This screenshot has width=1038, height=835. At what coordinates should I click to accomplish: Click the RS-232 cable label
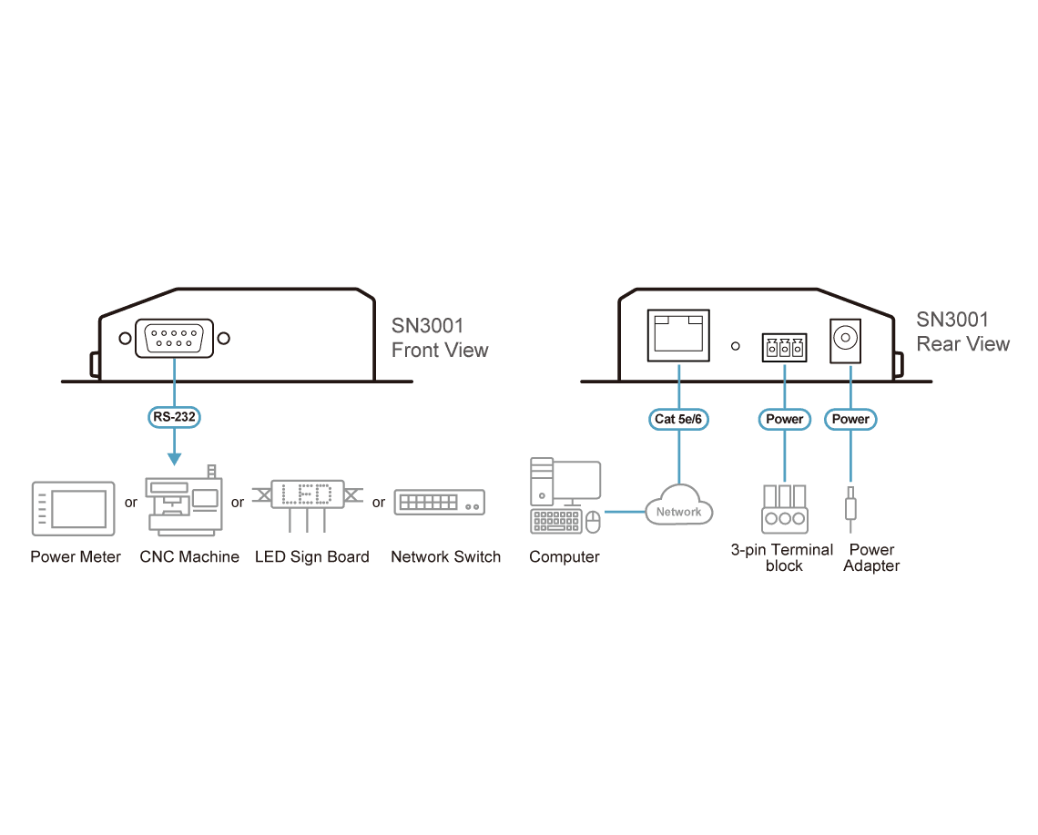174,417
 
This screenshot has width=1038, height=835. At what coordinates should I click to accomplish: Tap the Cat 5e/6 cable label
678,419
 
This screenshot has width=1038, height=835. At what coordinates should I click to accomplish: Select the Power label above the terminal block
785,419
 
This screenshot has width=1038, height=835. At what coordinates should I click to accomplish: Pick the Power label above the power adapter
850,419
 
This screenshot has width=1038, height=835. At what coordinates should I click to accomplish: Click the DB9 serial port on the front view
174,339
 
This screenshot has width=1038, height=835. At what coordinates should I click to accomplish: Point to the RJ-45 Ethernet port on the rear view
678,335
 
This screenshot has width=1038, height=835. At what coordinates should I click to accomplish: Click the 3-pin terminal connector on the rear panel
785,347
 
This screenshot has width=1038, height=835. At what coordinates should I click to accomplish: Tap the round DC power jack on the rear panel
845,339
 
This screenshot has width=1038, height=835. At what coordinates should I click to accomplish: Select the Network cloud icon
678,505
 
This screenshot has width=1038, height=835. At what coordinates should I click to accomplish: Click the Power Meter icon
74,508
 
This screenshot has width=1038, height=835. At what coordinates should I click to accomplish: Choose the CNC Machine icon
184,500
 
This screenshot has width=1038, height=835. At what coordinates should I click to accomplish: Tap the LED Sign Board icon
308,504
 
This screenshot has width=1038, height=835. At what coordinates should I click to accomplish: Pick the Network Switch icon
440,503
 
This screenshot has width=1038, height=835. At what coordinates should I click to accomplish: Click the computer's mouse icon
593,522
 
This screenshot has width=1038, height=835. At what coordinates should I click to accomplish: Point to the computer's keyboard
556,521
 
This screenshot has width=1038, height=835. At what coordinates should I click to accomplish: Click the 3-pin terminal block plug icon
785,508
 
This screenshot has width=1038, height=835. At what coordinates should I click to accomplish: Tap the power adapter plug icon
850,508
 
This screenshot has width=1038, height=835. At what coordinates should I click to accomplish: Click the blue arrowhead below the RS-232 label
174,459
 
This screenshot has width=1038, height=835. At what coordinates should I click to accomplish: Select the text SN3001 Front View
440,338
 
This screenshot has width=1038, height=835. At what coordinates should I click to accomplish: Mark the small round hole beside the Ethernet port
736,346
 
